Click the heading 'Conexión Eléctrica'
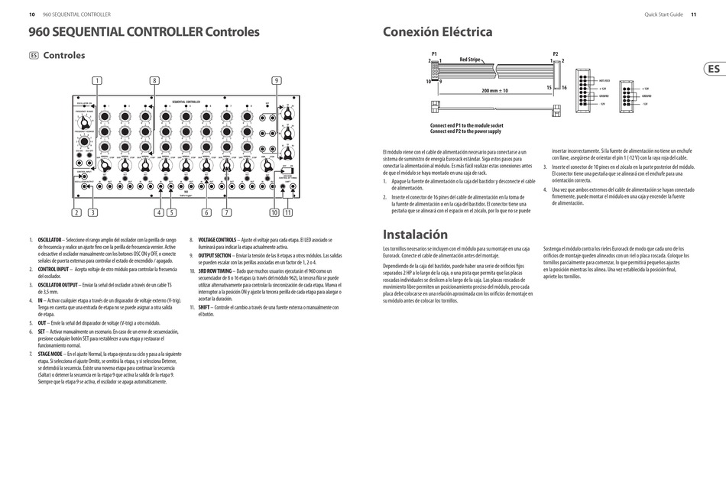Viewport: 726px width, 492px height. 437,32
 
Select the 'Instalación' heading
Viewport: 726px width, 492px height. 415,235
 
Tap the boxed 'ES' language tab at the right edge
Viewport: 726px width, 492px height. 713,69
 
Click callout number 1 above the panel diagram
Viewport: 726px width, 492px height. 97,80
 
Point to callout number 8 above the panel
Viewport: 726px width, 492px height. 154,80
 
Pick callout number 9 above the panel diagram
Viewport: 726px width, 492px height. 276,80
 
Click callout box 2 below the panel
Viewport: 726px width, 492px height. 76,212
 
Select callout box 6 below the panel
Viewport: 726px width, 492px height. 206,212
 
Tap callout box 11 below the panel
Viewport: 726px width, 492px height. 287,212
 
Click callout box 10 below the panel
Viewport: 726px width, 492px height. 274,212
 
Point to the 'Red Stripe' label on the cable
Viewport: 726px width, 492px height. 470,59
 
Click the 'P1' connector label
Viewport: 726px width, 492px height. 434,53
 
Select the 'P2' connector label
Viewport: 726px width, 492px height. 555,53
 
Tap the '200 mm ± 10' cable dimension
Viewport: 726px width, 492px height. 495,90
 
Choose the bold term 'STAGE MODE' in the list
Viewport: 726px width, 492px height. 52,354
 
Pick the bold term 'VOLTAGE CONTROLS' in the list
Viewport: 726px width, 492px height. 217,240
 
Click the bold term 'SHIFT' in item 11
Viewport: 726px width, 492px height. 204,306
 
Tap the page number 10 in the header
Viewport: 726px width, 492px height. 31,14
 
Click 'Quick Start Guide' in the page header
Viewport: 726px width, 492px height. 663,14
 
